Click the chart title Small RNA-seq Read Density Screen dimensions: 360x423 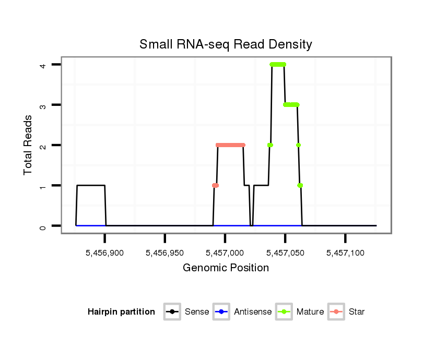pos(226,44)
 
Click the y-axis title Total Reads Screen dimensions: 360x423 pos(28,145)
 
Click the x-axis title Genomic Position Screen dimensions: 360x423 pos(226,268)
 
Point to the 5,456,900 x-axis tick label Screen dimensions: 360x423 pos(104,253)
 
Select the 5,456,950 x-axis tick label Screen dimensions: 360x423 pos(165,253)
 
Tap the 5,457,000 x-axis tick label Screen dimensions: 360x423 pos(225,253)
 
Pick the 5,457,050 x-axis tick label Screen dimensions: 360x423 pos(285,253)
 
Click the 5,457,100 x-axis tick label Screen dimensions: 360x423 pos(345,253)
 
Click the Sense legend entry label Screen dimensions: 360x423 pos(197,312)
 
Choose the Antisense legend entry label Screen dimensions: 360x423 pos(253,312)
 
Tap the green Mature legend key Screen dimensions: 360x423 pos(284,312)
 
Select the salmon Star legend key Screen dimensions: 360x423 pos(336,312)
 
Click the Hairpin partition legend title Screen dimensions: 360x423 pos(121,312)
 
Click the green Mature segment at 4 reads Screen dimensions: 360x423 pos(278,65)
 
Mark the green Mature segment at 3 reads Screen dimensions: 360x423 pos(291,105)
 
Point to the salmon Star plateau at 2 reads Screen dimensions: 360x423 pos(230,145)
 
